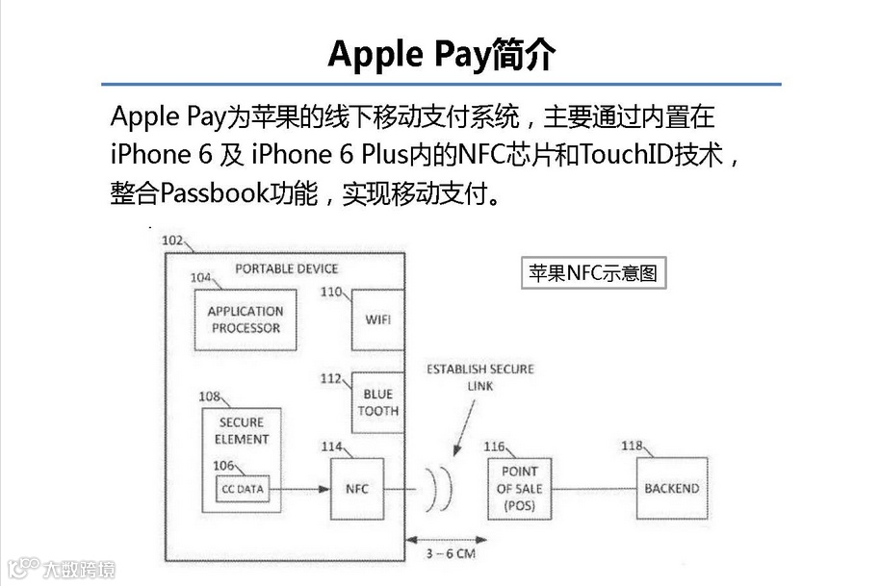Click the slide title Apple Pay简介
pyautogui.click(x=441, y=54)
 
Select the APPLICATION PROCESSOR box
pyautogui.click(x=246, y=319)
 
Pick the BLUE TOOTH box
pyautogui.click(x=377, y=401)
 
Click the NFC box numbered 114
pyautogui.click(x=356, y=489)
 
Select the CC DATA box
pyautogui.click(x=243, y=489)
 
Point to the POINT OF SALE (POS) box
pyautogui.click(x=519, y=489)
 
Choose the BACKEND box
pyautogui.click(x=671, y=489)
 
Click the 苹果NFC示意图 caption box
pyautogui.click(x=592, y=273)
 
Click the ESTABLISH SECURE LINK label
pyautogui.click(x=480, y=377)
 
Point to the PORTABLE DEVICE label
pyautogui.click(x=287, y=268)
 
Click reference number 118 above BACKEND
pyautogui.click(x=632, y=446)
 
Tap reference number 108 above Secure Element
pyautogui.click(x=209, y=396)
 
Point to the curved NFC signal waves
pyautogui.click(x=440, y=489)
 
